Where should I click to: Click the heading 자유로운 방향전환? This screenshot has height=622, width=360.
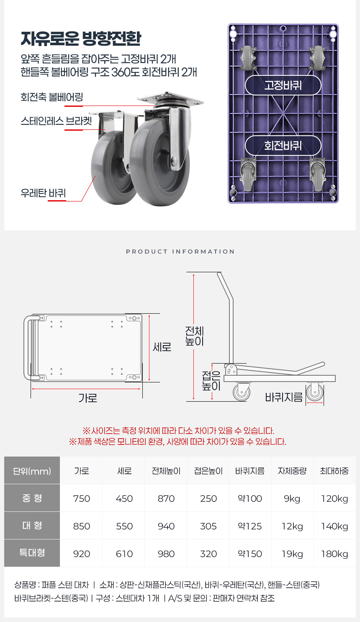(x=81, y=39)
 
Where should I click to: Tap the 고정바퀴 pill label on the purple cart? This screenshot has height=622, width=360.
(x=283, y=85)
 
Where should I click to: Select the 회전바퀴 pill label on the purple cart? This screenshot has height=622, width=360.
(x=283, y=145)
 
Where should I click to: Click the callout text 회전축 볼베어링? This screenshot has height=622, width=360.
(x=52, y=97)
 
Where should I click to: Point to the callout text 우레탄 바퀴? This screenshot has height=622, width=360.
(x=43, y=193)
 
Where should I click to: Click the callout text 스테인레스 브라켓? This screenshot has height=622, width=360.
(x=57, y=121)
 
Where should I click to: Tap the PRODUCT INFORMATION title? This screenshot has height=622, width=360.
(x=180, y=252)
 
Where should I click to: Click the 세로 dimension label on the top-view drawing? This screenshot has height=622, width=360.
(x=162, y=347)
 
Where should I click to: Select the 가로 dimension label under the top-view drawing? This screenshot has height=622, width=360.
(x=88, y=398)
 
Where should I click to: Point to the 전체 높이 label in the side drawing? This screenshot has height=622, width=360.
(x=195, y=336)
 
